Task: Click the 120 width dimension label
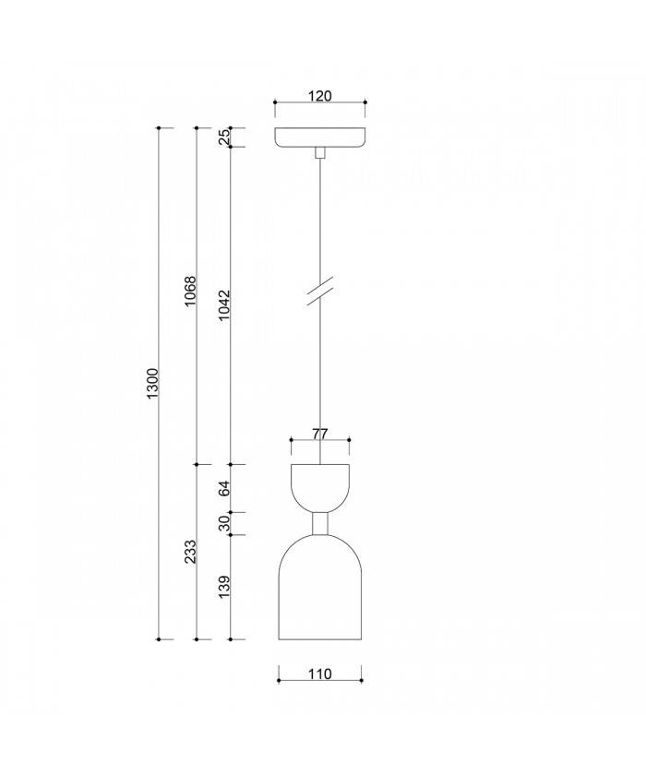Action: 319,94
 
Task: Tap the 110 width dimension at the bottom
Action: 319,674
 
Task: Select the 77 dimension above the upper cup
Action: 319,432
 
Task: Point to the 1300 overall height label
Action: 153,383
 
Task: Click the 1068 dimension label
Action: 191,292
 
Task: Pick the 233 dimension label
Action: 191,552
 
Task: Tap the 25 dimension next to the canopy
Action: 225,137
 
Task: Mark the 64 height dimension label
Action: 225,488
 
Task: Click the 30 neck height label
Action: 225,523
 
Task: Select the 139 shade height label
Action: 225,587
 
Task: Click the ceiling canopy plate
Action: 320,137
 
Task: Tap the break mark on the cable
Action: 320,291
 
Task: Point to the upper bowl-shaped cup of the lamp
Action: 320,486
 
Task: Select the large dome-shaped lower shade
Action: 320,590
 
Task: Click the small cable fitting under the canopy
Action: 320,152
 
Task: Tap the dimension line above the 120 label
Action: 320,103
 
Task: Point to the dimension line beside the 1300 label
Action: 161,461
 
